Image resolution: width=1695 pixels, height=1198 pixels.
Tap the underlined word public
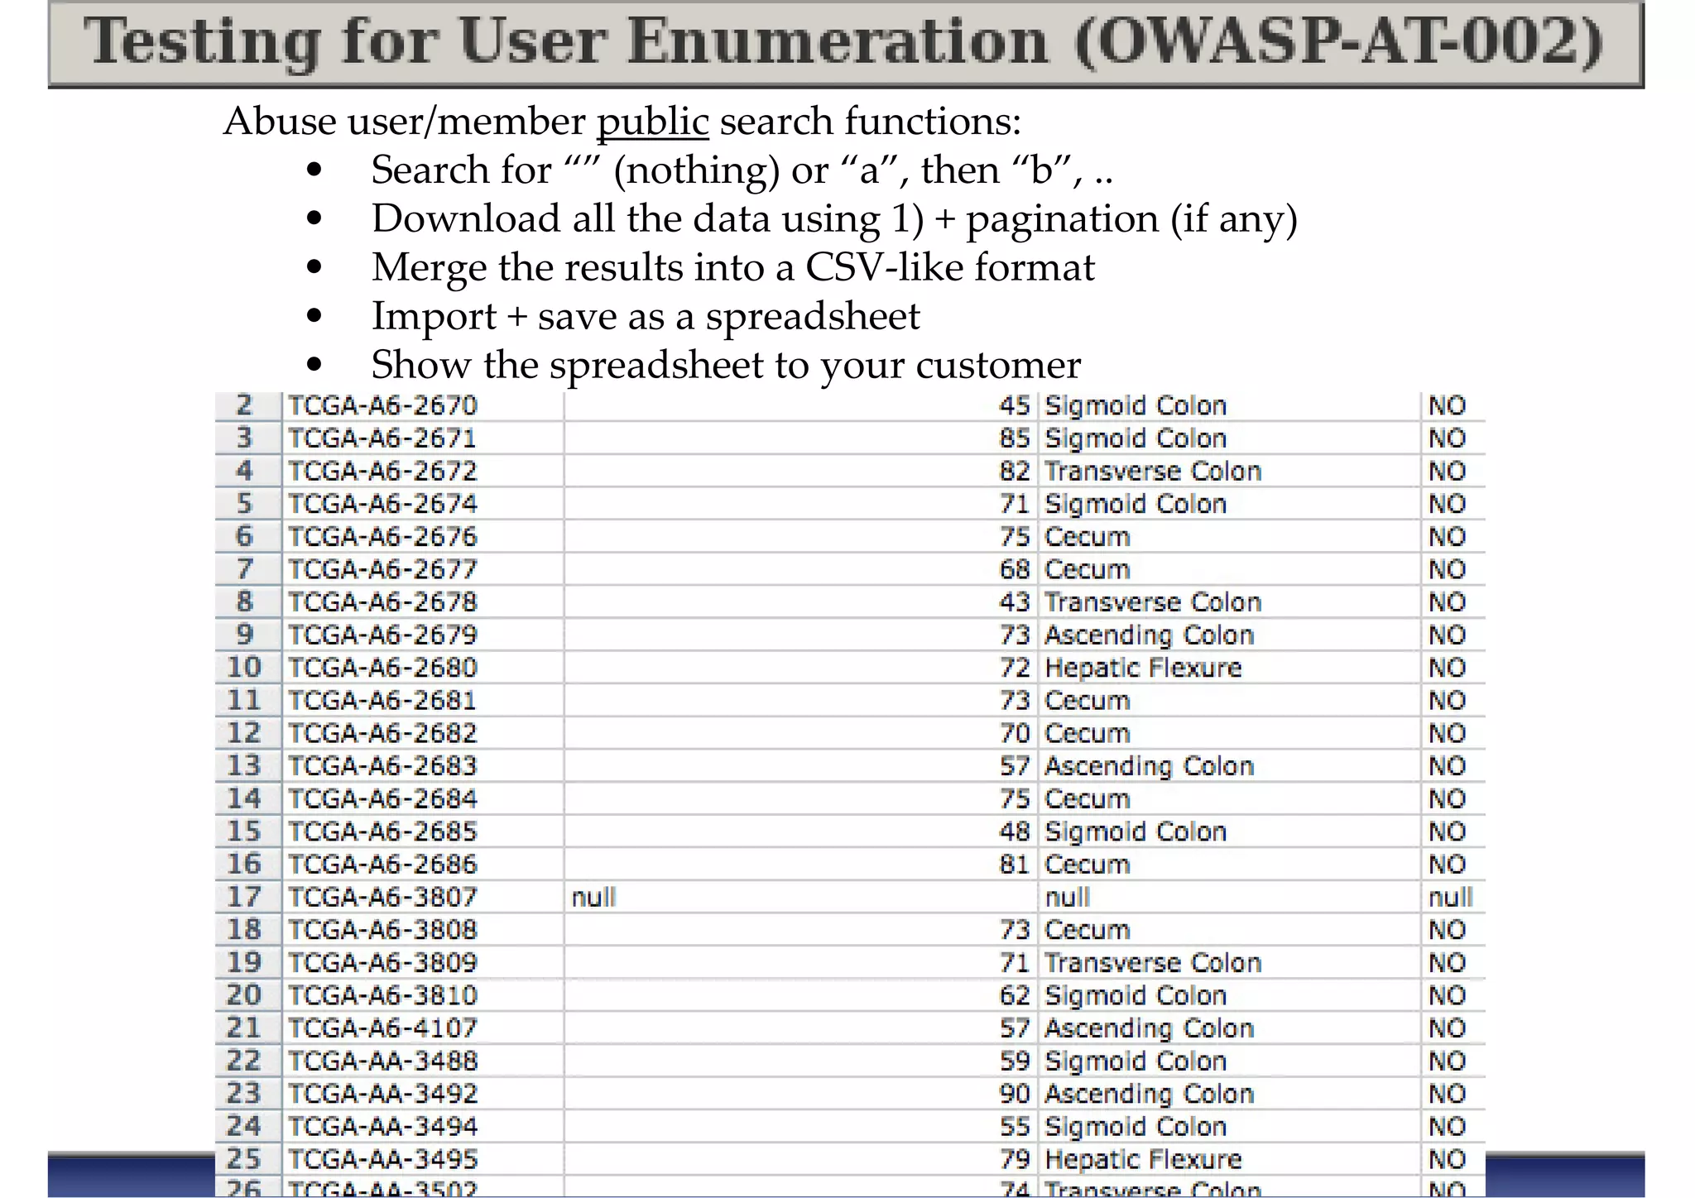tap(652, 122)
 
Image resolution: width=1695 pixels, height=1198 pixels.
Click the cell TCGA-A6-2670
tap(382, 405)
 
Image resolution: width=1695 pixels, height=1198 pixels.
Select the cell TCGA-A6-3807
tap(382, 897)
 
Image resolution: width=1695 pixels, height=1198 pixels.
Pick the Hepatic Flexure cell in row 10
tap(1143, 668)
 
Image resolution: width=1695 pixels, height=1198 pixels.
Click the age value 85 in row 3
tap(1014, 438)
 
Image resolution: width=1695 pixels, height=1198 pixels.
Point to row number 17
tap(244, 897)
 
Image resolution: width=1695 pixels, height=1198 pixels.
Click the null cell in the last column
tap(1450, 897)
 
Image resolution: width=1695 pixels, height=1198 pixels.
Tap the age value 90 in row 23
tap(1014, 1094)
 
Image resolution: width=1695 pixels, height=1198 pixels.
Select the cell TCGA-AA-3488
tap(382, 1061)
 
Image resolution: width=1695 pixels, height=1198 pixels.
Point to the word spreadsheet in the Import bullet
tap(812, 316)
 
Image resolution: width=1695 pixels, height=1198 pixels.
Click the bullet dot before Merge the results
tap(314, 267)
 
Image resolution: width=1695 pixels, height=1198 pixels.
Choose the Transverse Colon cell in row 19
tap(1152, 963)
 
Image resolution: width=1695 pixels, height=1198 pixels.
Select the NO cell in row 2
tap(1447, 405)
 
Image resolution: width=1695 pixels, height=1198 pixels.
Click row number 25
tap(244, 1159)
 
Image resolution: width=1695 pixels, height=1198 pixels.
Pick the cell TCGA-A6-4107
tap(382, 1028)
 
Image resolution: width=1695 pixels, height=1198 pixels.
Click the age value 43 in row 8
tap(1014, 602)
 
